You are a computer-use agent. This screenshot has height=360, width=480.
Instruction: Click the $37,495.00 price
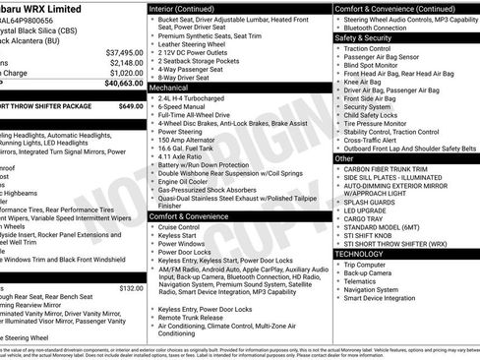[x=123, y=52]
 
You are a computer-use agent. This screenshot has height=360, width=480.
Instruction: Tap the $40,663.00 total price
[x=122, y=84]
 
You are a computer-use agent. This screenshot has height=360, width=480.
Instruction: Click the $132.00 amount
[x=131, y=288]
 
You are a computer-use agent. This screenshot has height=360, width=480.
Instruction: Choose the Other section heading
[x=344, y=157]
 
